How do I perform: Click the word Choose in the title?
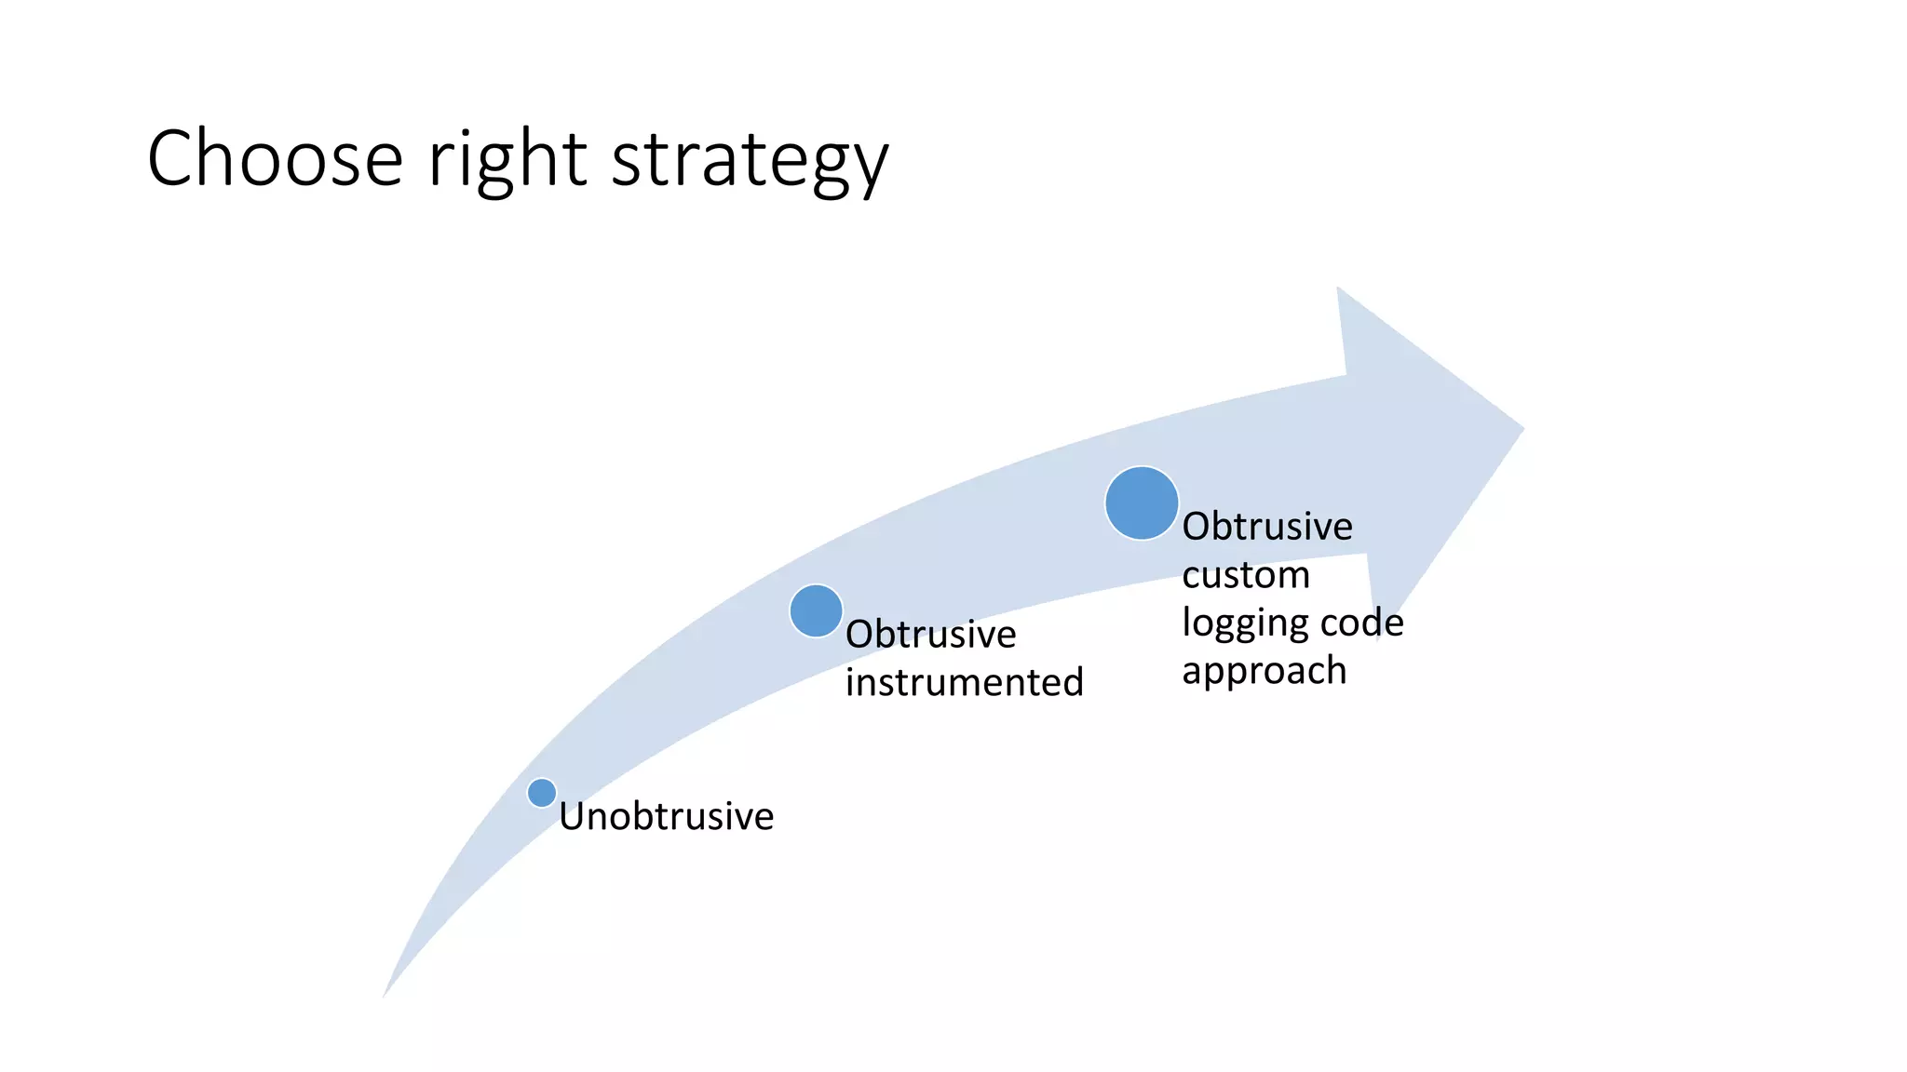275,158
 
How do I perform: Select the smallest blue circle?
542,793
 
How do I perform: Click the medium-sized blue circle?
816,610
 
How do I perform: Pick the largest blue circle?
1142,503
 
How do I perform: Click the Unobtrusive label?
666,816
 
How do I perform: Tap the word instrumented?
964,682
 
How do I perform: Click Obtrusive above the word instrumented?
930,634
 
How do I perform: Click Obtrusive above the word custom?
1266,527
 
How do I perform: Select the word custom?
1245,575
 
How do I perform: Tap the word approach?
1264,671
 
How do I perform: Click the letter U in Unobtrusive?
571,816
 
